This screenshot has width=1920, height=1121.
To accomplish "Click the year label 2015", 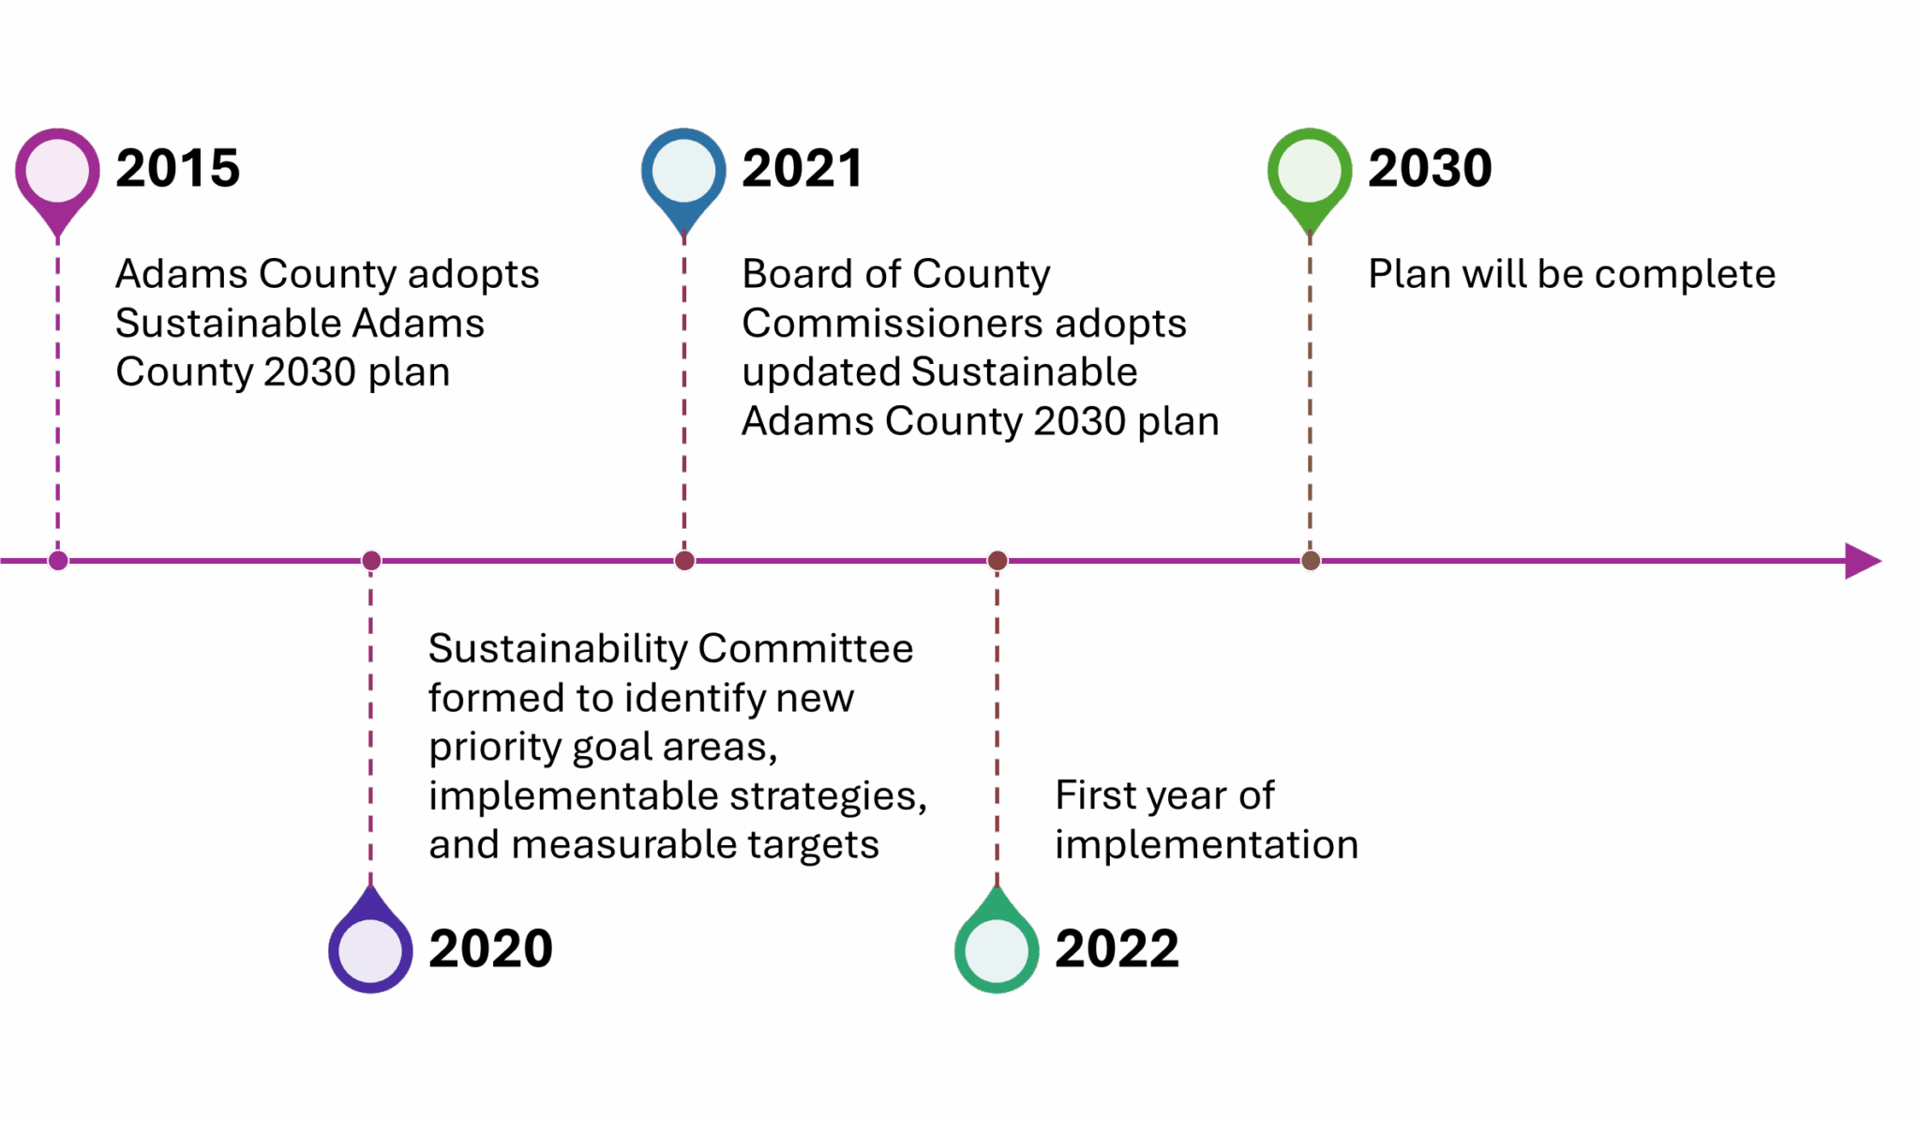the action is (x=177, y=169).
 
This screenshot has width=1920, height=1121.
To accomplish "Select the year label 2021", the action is (x=802, y=169).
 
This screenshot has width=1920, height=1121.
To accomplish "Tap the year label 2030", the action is (x=1430, y=169).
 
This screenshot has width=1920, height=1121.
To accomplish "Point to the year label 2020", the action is (x=490, y=948).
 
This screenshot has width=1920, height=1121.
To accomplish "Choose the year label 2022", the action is (x=1117, y=948).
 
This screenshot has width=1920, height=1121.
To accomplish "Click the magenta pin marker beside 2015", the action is (x=57, y=178).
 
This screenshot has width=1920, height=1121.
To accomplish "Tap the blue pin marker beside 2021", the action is (x=683, y=178).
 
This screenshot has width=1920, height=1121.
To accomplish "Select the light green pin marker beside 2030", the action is (x=1310, y=178).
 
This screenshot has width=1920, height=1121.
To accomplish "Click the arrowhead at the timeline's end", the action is (x=1863, y=561).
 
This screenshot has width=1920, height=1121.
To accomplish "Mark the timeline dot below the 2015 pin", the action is (x=58, y=561).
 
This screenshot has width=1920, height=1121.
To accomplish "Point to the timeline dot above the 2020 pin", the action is (x=371, y=561).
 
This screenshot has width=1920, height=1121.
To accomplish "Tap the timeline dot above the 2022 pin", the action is (x=997, y=561).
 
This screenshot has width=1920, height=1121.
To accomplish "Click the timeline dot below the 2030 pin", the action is (x=1311, y=561).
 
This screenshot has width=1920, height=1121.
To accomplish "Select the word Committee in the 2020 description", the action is (x=805, y=648).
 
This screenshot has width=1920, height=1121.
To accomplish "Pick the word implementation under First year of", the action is (x=1207, y=846).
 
